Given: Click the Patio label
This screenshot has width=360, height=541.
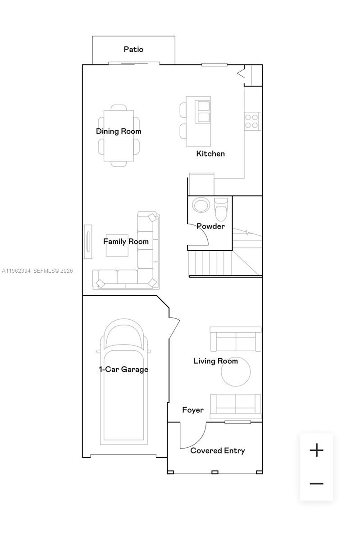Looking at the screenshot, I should (133, 49).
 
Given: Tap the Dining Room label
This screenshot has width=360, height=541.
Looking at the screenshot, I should (118, 131).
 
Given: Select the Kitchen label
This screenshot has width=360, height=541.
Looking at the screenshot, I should (210, 154).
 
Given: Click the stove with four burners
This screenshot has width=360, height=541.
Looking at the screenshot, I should (252, 121).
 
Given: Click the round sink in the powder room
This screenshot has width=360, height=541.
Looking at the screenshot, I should (201, 205).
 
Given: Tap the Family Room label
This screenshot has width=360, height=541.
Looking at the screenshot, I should (126, 242).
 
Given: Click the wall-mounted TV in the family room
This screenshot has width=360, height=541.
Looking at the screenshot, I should (88, 241).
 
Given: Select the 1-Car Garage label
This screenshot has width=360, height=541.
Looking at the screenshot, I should (123, 370).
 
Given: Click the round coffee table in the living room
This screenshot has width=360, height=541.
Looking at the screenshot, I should (236, 373).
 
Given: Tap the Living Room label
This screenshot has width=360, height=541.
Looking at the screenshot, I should (215, 361).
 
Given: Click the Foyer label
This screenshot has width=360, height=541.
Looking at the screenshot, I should (193, 410).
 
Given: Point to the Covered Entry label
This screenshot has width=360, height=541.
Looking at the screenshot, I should (218, 451).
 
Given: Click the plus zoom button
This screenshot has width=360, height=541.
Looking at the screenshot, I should (317, 450).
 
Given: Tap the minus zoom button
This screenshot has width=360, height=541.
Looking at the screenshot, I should (317, 484).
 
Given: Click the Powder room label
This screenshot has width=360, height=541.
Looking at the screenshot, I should (210, 226).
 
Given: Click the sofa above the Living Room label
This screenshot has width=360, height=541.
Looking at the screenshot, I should (236, 339).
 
